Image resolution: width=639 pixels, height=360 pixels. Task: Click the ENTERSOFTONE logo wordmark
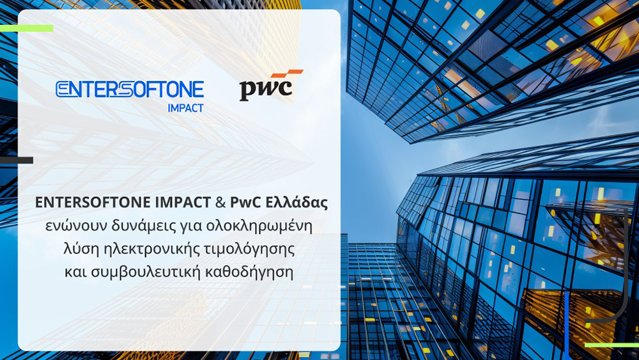click(x=130, y=89)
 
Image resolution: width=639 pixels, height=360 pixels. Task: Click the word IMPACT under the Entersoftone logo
click(x=185, y=108)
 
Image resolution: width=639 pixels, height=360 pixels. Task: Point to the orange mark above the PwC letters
click(x=288, y=75)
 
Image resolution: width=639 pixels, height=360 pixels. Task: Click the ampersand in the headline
click(x=219, y=203)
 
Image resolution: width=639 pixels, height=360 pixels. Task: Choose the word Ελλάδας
click(x=297, y=203)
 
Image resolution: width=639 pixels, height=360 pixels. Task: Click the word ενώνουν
click(x=72, y=226)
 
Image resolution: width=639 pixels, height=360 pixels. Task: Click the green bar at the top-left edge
click(x=26, y=28)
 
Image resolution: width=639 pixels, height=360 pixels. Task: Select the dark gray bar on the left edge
click(x=17, y=160)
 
